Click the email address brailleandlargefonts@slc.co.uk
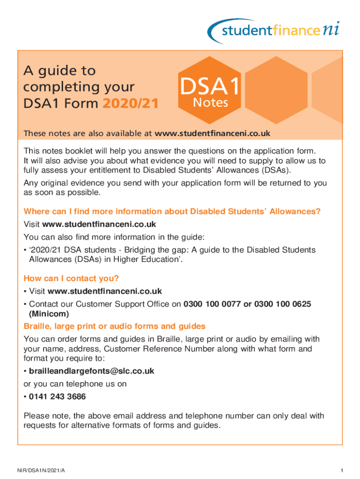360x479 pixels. pyautogui.click(x=91, y=371)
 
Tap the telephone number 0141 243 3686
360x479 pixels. pyautogui.click(x=58, y=397)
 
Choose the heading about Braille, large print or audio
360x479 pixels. pyautogui.click(x=115, y=326)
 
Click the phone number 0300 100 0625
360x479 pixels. pyautogui.click(x=282, y=305)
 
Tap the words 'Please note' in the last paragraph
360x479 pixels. pyautogui.click(x=43, y=416)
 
